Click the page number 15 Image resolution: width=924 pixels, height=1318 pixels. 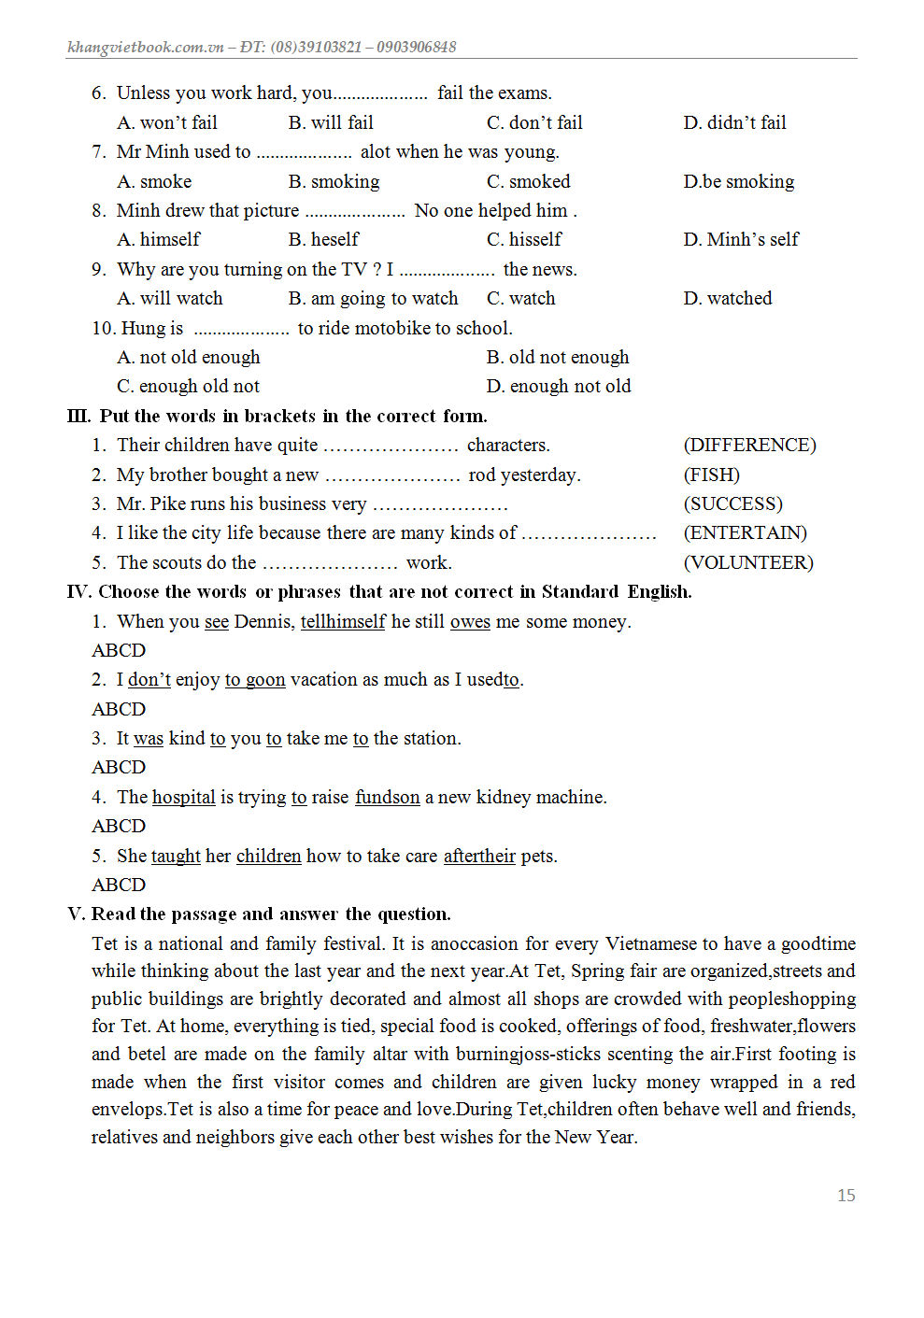(846, 1195)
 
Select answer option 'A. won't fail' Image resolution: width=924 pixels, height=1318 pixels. (167, 122)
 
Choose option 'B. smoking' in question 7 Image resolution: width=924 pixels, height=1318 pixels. (334, 181)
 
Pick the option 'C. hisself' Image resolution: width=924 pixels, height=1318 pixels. (523, 239)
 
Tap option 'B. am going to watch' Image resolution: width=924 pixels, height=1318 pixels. (373, 298)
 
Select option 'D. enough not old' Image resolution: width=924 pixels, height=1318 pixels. (558, 386)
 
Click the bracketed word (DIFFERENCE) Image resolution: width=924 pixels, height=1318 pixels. (749, 445)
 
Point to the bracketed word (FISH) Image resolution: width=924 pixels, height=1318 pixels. (711, 475)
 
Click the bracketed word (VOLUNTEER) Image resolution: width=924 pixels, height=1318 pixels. (747, 562)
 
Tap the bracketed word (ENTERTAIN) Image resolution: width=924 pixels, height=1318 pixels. (745, 532)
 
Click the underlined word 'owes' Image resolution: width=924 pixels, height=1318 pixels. (470, 621)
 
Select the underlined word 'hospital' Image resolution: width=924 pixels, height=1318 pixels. (184, 797)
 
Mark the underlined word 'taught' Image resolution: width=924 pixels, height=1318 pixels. (176, 856)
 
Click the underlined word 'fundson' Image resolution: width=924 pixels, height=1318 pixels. (387, 797)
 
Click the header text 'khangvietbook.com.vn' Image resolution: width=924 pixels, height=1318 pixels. (146, 47)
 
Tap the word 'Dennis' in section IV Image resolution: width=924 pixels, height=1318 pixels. (262, 621)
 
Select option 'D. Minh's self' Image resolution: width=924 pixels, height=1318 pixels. (741, 239)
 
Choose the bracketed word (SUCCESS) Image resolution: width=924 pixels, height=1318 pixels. (732, 503)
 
